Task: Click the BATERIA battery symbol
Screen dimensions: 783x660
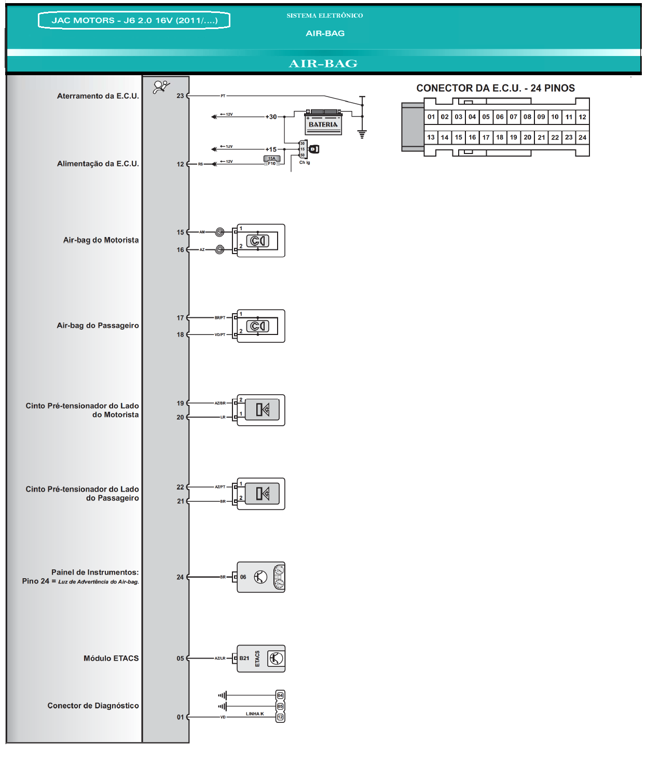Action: tap(323, 122)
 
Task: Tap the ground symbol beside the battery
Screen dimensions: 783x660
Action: tap(362, 134)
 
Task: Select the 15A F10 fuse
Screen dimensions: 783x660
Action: tap(272, 161)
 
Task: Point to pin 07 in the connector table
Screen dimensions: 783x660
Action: tap(513, 117)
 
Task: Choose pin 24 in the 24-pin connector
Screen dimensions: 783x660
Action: tap(582, 137)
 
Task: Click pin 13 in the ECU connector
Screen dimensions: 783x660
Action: tap(431, 137)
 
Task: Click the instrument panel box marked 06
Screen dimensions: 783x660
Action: tap(261, 577)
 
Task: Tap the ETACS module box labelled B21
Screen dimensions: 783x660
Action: tap(261, 659)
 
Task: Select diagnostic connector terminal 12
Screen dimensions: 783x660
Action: tap(280, 717)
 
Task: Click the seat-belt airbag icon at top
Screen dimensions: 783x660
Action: tap(161, 87)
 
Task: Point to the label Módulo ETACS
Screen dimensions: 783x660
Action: tap(111, 659)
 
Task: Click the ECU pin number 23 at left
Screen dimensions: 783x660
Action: tap(180, 96)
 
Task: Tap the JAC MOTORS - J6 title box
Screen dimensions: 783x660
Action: tap(134, 21)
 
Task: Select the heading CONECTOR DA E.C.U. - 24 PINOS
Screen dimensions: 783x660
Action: tap(496, 88)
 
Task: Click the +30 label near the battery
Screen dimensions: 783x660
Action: tap(271, 117)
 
